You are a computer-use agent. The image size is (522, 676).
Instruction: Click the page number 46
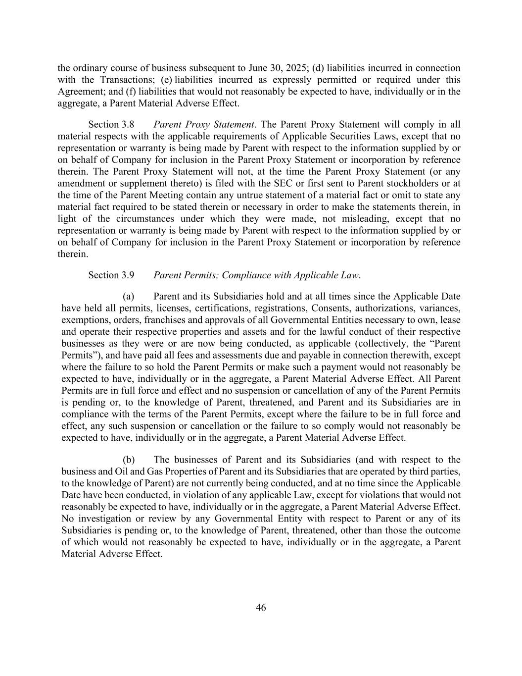coord(261,608)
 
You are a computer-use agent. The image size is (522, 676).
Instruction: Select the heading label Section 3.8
coord(111,124)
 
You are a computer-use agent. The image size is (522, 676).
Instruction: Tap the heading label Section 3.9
coord(111,275)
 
